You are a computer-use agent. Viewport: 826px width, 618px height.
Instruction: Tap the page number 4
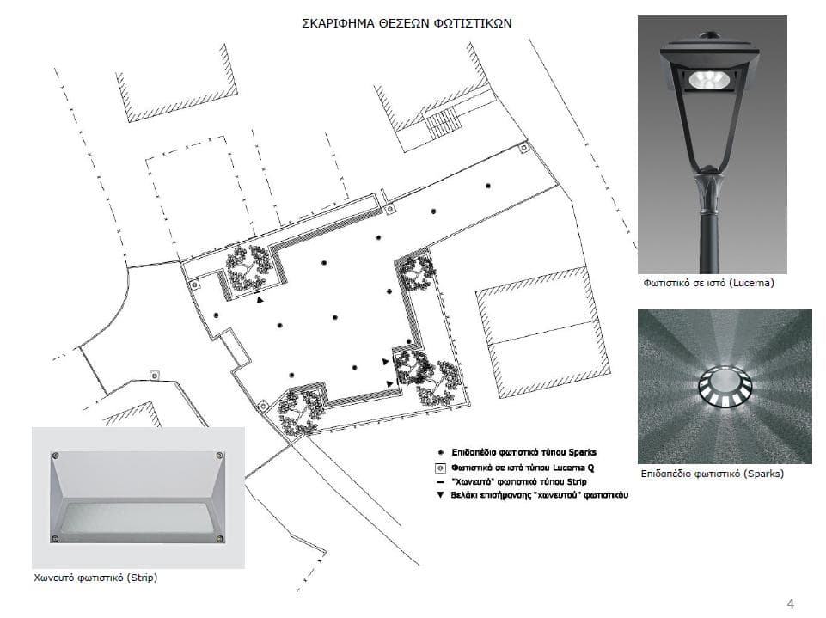coord(790,603)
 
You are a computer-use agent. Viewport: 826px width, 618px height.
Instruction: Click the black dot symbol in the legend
coord(440,452)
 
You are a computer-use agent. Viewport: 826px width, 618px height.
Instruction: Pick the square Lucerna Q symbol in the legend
coord(440,468)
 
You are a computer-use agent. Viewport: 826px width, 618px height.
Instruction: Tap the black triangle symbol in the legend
coord(440,495)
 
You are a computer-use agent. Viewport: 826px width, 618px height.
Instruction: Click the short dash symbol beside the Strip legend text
coord(440,482)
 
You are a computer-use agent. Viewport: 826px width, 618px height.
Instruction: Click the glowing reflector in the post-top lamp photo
coord(709,80)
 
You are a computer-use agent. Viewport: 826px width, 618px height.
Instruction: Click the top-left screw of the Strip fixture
coord(55,456)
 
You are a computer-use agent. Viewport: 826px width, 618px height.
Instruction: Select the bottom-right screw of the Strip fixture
coord(220,538)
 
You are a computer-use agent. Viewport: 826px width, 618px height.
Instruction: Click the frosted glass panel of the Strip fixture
coord(138,518)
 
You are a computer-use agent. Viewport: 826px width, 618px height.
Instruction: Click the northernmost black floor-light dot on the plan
coord(488,186)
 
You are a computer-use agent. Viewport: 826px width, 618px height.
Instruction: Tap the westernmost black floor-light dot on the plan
coord(216,315)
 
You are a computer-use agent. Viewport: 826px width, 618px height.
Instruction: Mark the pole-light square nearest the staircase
coord(523,148)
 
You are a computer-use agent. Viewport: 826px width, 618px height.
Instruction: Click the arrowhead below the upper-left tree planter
coord(260,300)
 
